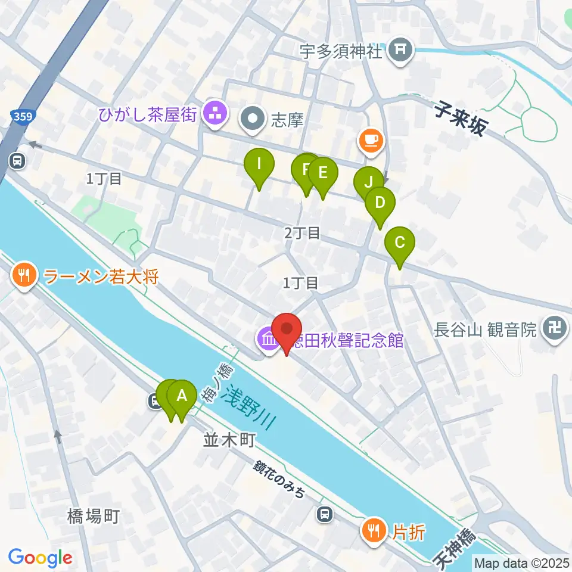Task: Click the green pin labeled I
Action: click(259, 164)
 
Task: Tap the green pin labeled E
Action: click(322, 173)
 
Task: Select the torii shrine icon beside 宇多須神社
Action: click(401, 51)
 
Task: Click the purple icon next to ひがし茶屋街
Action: click(213, 115)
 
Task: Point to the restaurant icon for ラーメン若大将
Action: click(24, 276)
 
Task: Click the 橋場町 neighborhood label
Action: click(94, 516)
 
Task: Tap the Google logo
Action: click(40, 558)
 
